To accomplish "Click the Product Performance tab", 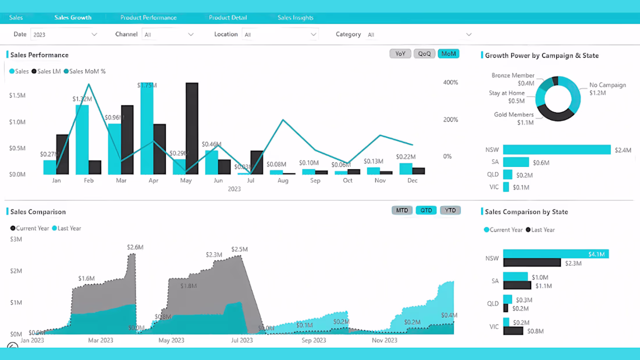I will point(148,17).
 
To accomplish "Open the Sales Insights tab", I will point(296,17).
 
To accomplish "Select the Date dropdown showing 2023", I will point(65,35).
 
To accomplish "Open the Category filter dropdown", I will point(419,35).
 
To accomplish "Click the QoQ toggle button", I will point(425,54).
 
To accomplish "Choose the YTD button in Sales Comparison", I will point(450,210).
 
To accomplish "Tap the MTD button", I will point(402,210).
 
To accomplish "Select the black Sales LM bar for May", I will point(192,129).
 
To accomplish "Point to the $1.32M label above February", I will point(82,99).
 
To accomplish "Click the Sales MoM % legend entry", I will point(87,72).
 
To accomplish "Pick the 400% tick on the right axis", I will point(450,83).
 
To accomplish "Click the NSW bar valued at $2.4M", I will point(557,149).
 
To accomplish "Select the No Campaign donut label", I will point(607,88).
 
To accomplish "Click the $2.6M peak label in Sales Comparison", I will point(135,247).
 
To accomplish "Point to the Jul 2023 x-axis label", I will point(242,340).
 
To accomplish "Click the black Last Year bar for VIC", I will point(513,330).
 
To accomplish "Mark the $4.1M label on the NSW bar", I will point(596,254).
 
